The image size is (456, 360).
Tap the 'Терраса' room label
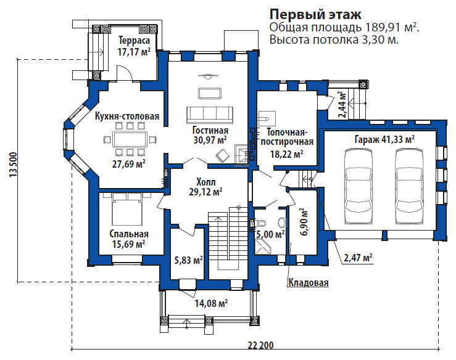pos(134,40)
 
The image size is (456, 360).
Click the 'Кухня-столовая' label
pos(127,117)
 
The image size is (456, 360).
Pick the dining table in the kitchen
pos(130,140)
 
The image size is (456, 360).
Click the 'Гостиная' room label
pos(210,131)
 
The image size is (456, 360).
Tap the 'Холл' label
pos(205,182)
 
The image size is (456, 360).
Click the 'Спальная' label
pos(129,234)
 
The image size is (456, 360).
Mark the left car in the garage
pos(359,182)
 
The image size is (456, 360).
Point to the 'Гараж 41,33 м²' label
pos(384,140)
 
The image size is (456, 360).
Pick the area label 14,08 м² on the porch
pos(211,302)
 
